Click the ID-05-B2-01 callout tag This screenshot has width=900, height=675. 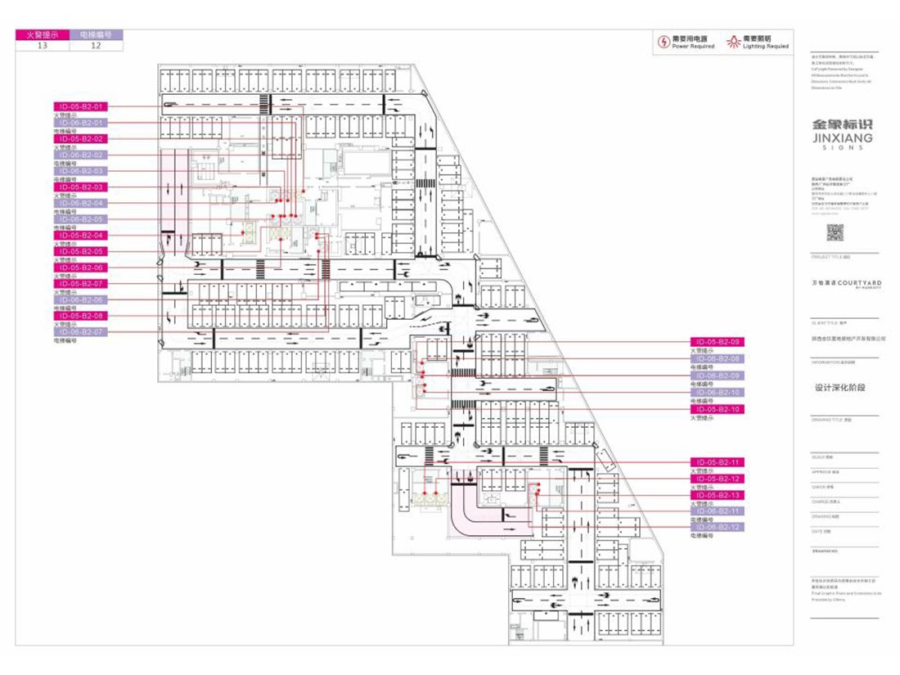[x=80, y=106]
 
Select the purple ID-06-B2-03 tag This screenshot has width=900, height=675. [x=80, y=171]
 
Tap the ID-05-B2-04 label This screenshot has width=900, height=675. [x=80, y=236]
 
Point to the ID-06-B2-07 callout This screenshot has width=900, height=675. [x=80, y=332]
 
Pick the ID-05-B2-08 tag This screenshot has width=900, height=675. [x=80, y=316]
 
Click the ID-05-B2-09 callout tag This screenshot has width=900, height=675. [x=718, y=341]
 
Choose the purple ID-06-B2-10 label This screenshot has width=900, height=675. [x=718, y=393]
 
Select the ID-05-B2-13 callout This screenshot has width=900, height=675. [x=718, y=496]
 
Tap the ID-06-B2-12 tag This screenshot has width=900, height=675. [x=718, y=528]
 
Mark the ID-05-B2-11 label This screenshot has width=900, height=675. [x=718, y=462]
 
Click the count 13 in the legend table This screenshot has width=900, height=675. [x=43, y=47]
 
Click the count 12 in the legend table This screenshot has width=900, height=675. [x=97, y=47]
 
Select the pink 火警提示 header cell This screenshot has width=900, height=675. [x=43, y=36]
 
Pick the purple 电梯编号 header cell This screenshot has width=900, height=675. [x=97, y=36]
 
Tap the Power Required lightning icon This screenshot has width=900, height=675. [x=664, y=41]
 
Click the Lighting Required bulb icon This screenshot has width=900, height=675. [x=735, y=41]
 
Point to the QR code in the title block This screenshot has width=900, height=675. [x=834, y=232]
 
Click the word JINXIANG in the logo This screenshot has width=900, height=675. [x=842, y=138]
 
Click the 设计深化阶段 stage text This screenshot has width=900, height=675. [x=839, y=388]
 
